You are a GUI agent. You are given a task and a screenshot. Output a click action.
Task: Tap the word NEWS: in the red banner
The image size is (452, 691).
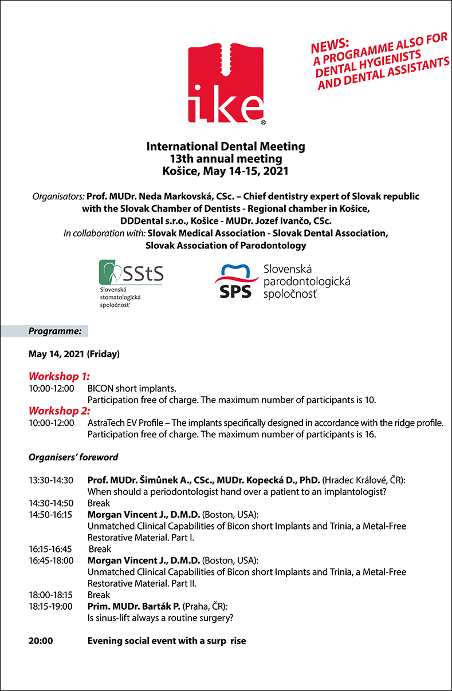pos(330,45)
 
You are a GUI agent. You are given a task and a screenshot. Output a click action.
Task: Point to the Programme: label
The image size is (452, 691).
pos(55,331)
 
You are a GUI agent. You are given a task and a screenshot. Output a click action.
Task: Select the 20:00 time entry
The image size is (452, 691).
pos(41,641)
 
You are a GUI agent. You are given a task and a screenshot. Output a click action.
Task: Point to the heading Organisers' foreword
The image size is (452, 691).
pos(73,457)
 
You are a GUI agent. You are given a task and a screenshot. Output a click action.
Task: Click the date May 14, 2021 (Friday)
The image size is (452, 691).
pos(74,354)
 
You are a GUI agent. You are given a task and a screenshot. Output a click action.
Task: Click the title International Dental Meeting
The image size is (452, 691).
pos(226,147)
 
